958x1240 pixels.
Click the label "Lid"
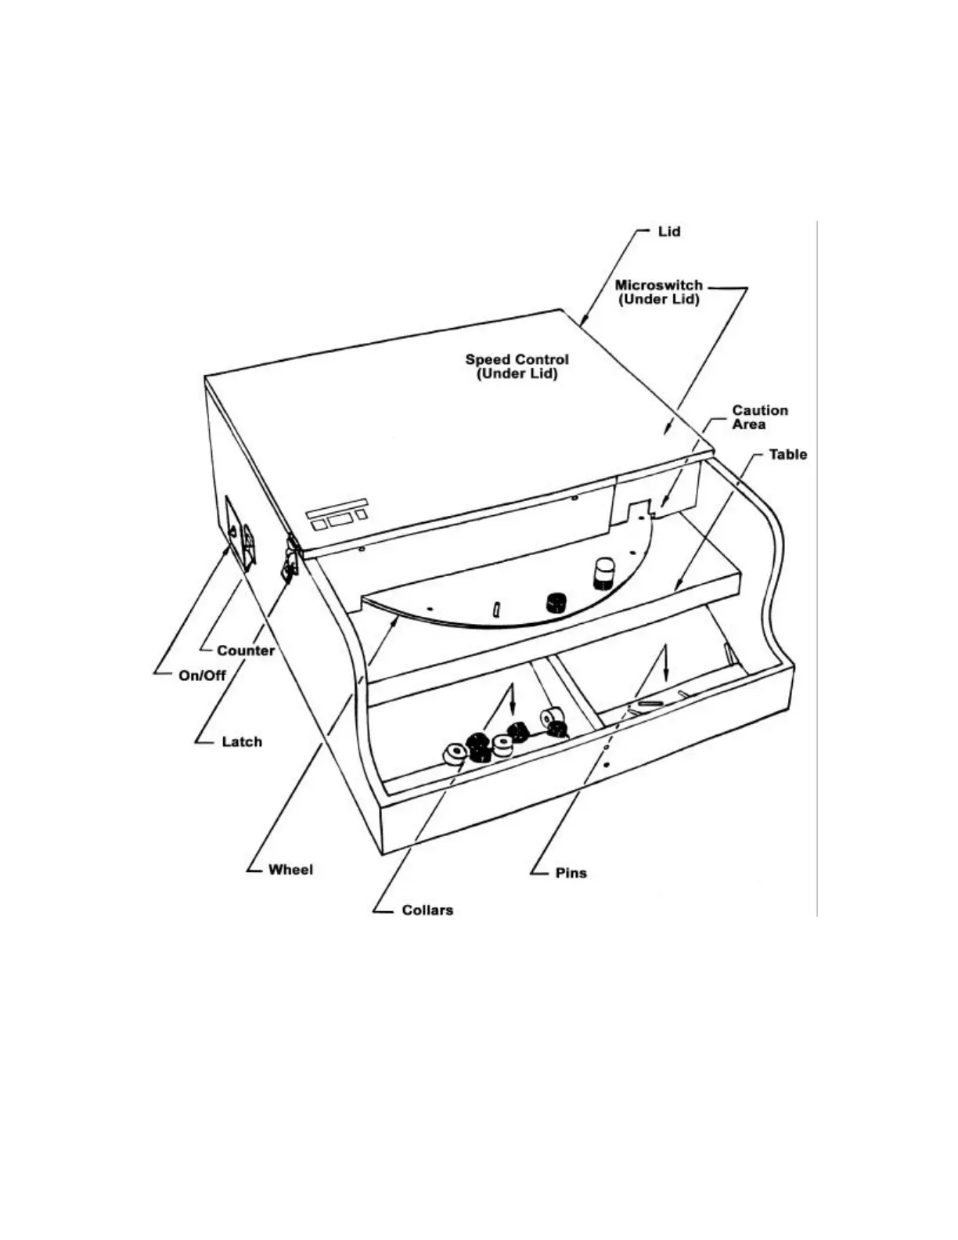tap(668, 232)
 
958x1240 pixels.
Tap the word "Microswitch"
tap(658, 285)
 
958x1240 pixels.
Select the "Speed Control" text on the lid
tap(517, 359)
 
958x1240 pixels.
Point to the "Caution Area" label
tap(759, 417)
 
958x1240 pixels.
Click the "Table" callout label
tap(787, 454)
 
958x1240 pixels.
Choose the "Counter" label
tap(246, 651)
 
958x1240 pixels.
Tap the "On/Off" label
tap(202, 676)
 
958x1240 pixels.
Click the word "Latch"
tap(242, 741)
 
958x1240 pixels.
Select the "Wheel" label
tap(290, 870)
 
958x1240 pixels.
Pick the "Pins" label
tap(571, 873)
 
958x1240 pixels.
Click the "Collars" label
tap(427, 910)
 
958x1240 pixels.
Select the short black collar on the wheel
tap(556, 602)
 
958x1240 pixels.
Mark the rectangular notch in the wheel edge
tap(640, 509)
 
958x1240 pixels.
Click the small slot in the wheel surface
tap(496, 608)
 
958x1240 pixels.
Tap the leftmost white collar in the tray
tap(454, 754)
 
